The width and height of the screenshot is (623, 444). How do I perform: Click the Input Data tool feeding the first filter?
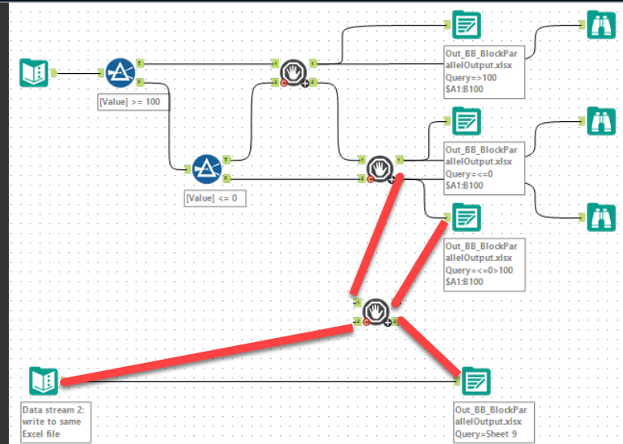pos(34,73)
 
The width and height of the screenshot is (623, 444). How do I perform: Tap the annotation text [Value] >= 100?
pos(133,102)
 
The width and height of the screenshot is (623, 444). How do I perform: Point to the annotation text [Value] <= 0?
pos(215,197)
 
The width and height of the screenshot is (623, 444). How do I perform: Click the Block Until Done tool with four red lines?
pos(375,312)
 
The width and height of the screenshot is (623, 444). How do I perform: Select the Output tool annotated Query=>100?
pos(464,26)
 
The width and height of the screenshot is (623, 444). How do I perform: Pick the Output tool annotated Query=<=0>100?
pos(465,217)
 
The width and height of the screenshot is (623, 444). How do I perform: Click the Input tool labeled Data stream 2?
pos(43,381)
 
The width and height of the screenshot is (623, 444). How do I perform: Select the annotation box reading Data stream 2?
pos(56,422)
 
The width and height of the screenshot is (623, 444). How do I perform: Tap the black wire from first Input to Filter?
pos(78,73)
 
